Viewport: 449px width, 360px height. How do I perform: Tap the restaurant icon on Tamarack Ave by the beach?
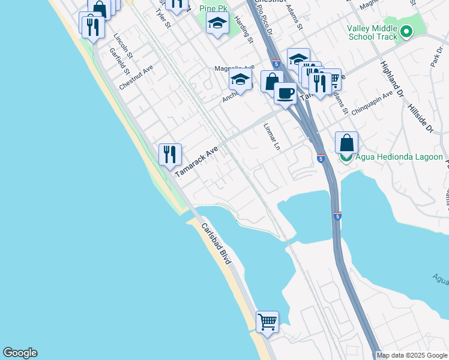coord(170,155)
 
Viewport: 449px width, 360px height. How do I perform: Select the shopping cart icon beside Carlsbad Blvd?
coord(267,322)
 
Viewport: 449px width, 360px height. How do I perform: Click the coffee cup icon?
coord(285,93)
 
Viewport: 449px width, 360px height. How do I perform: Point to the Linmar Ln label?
coord(272,137)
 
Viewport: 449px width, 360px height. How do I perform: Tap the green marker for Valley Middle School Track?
coord(407,31)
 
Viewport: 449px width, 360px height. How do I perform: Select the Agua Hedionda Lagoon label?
coord(399,157)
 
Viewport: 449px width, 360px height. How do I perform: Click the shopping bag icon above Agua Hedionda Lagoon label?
coord(346,143)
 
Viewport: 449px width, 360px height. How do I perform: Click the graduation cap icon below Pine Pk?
coord(217,25)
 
